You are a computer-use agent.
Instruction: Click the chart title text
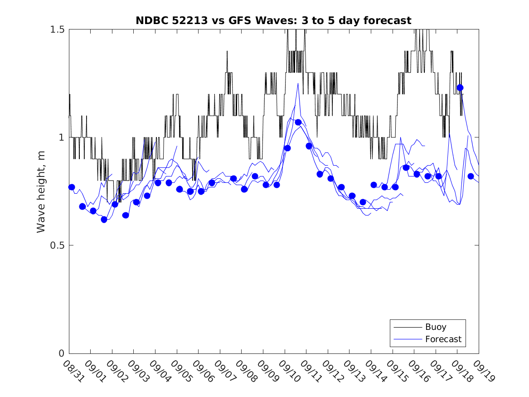(x=273, y=20)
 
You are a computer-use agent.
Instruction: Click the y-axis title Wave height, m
(x=41, y=191)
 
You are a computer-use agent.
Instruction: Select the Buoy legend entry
(x=435, y=327)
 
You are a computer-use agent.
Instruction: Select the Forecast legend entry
(x=443, y=339)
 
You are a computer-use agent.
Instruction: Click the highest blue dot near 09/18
(x=460, y=88)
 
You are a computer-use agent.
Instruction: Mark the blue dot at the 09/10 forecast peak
(x=298, y=122)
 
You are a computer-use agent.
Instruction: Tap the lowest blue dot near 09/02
(x=104, y=220)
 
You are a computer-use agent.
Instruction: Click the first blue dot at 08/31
(x=72, y=187)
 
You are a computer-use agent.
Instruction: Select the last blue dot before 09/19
(x=471, y=176)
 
